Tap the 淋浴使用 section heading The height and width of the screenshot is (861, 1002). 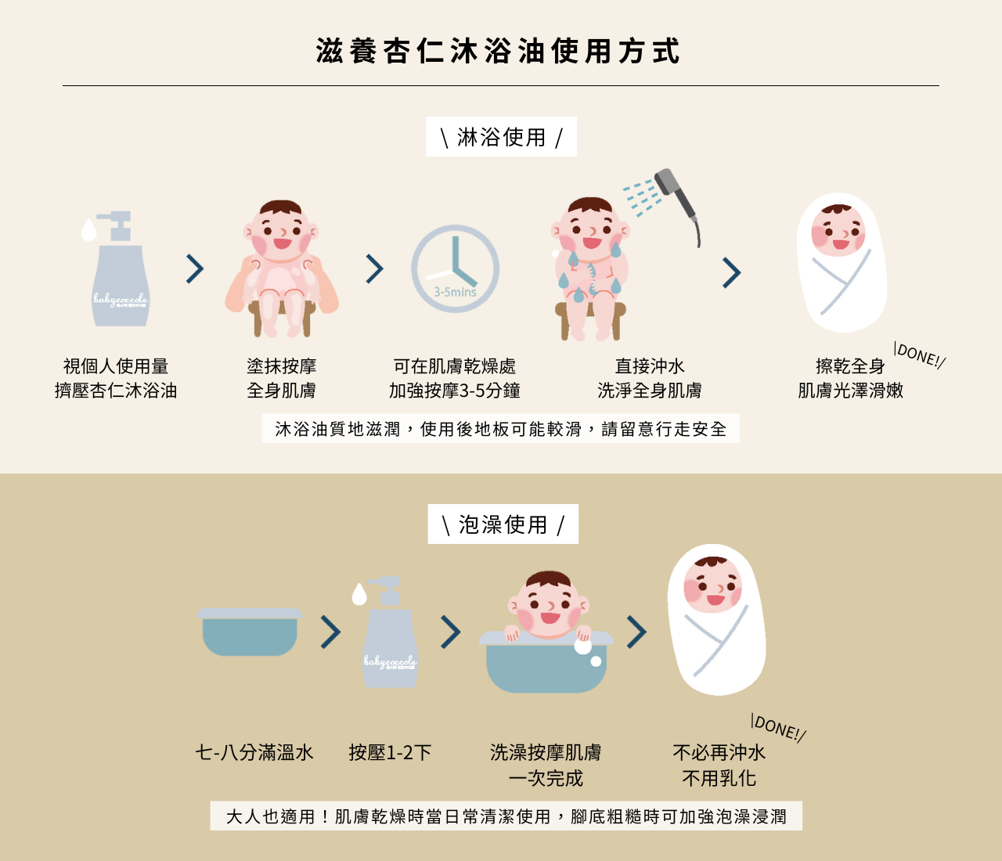501,137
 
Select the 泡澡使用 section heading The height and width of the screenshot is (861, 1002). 503,524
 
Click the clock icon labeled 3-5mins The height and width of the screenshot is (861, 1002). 455,269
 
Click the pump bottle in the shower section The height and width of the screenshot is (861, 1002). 119,270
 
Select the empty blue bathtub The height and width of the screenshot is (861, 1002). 249,632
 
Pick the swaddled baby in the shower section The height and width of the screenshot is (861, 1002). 842,262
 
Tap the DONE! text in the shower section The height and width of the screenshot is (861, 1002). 920,355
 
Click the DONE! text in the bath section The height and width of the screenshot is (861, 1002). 778,727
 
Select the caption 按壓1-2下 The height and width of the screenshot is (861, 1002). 390,753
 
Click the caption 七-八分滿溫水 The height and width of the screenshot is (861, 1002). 254,753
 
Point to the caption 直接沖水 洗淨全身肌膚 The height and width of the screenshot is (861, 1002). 649,378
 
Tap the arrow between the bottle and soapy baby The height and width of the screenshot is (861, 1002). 195,269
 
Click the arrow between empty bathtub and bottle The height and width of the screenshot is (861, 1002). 331,632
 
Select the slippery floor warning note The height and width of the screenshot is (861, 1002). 500,429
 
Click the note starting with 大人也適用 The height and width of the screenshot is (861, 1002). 506,816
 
